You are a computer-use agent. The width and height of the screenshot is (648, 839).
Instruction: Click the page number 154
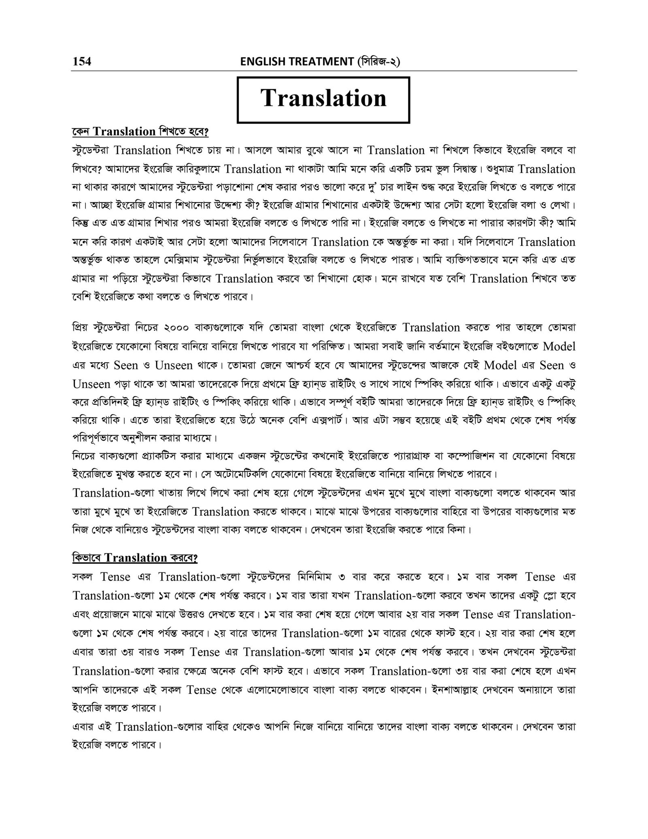[82, 61]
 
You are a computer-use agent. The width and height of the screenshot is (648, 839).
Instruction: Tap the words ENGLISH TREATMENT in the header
[297, 62]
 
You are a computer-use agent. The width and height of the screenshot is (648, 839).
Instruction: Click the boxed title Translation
[323, 99]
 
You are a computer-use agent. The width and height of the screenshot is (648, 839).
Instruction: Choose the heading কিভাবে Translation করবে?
[134, 558]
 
